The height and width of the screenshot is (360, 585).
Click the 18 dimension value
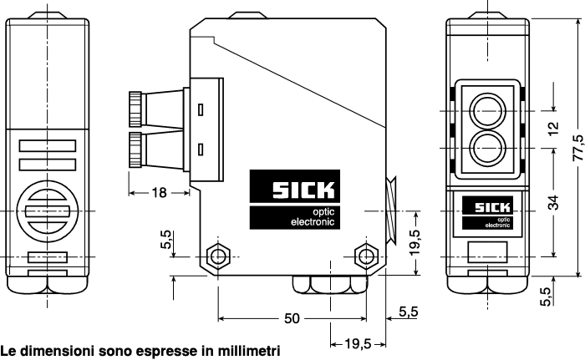coord(157,193)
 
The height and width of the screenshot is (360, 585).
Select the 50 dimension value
coord(292,319)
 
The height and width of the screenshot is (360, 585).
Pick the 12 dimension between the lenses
coord(553,129)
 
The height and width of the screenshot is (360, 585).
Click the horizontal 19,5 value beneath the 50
coord(351,343)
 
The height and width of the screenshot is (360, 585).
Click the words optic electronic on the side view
coord(311,217)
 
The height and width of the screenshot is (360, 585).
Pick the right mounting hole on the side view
coord(364,255)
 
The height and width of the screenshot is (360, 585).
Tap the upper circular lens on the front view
coord(486,109)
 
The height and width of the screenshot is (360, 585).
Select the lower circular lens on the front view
coord(486,149)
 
